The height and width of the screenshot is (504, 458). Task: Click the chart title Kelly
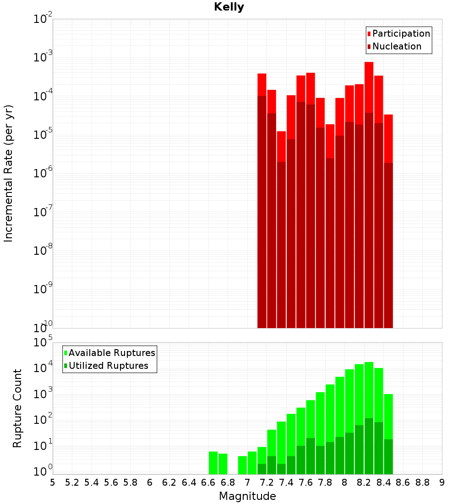229,7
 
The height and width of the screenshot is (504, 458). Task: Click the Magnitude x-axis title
247,496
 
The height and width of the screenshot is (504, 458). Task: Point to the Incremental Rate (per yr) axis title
9,173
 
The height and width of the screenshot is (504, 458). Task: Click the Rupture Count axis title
17,408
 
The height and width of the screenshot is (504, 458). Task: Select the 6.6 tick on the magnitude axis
208,482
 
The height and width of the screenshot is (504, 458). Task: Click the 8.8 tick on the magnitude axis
423,482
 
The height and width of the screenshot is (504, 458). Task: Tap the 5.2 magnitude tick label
72,482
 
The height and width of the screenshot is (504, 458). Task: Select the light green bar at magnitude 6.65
213,463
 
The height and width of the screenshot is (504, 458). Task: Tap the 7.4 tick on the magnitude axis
286,482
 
